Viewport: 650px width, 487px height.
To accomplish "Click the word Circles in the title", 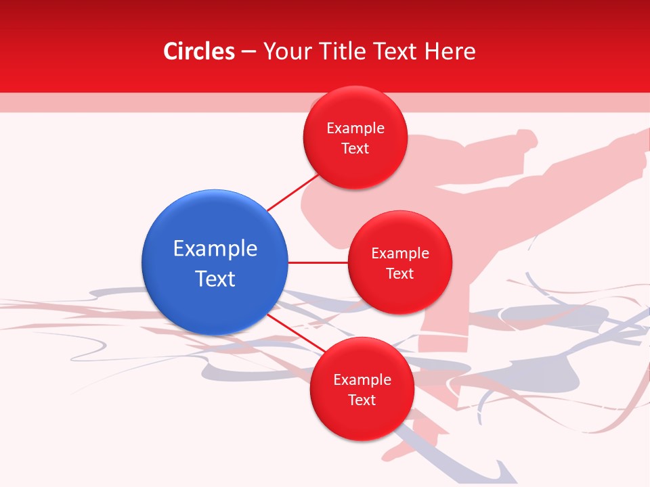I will pos(199,51).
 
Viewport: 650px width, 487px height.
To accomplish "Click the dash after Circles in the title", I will pos(248,52).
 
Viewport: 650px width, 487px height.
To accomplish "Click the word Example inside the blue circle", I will pos(215,249).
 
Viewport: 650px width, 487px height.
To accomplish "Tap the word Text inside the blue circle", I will pos(215,279).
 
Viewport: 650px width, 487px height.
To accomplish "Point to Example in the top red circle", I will pos(355,129).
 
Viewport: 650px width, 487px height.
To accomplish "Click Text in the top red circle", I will pos(355,149).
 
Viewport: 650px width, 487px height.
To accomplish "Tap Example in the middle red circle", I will pos(400,254).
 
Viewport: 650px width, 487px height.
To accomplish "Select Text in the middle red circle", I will pos(400,274).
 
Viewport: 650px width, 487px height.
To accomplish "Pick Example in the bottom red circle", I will pos(362,380).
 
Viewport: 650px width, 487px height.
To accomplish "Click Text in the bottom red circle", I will pos(362,400).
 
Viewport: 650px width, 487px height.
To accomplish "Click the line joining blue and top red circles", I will pos(292,193).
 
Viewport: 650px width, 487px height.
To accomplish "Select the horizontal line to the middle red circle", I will pos(318,262).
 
